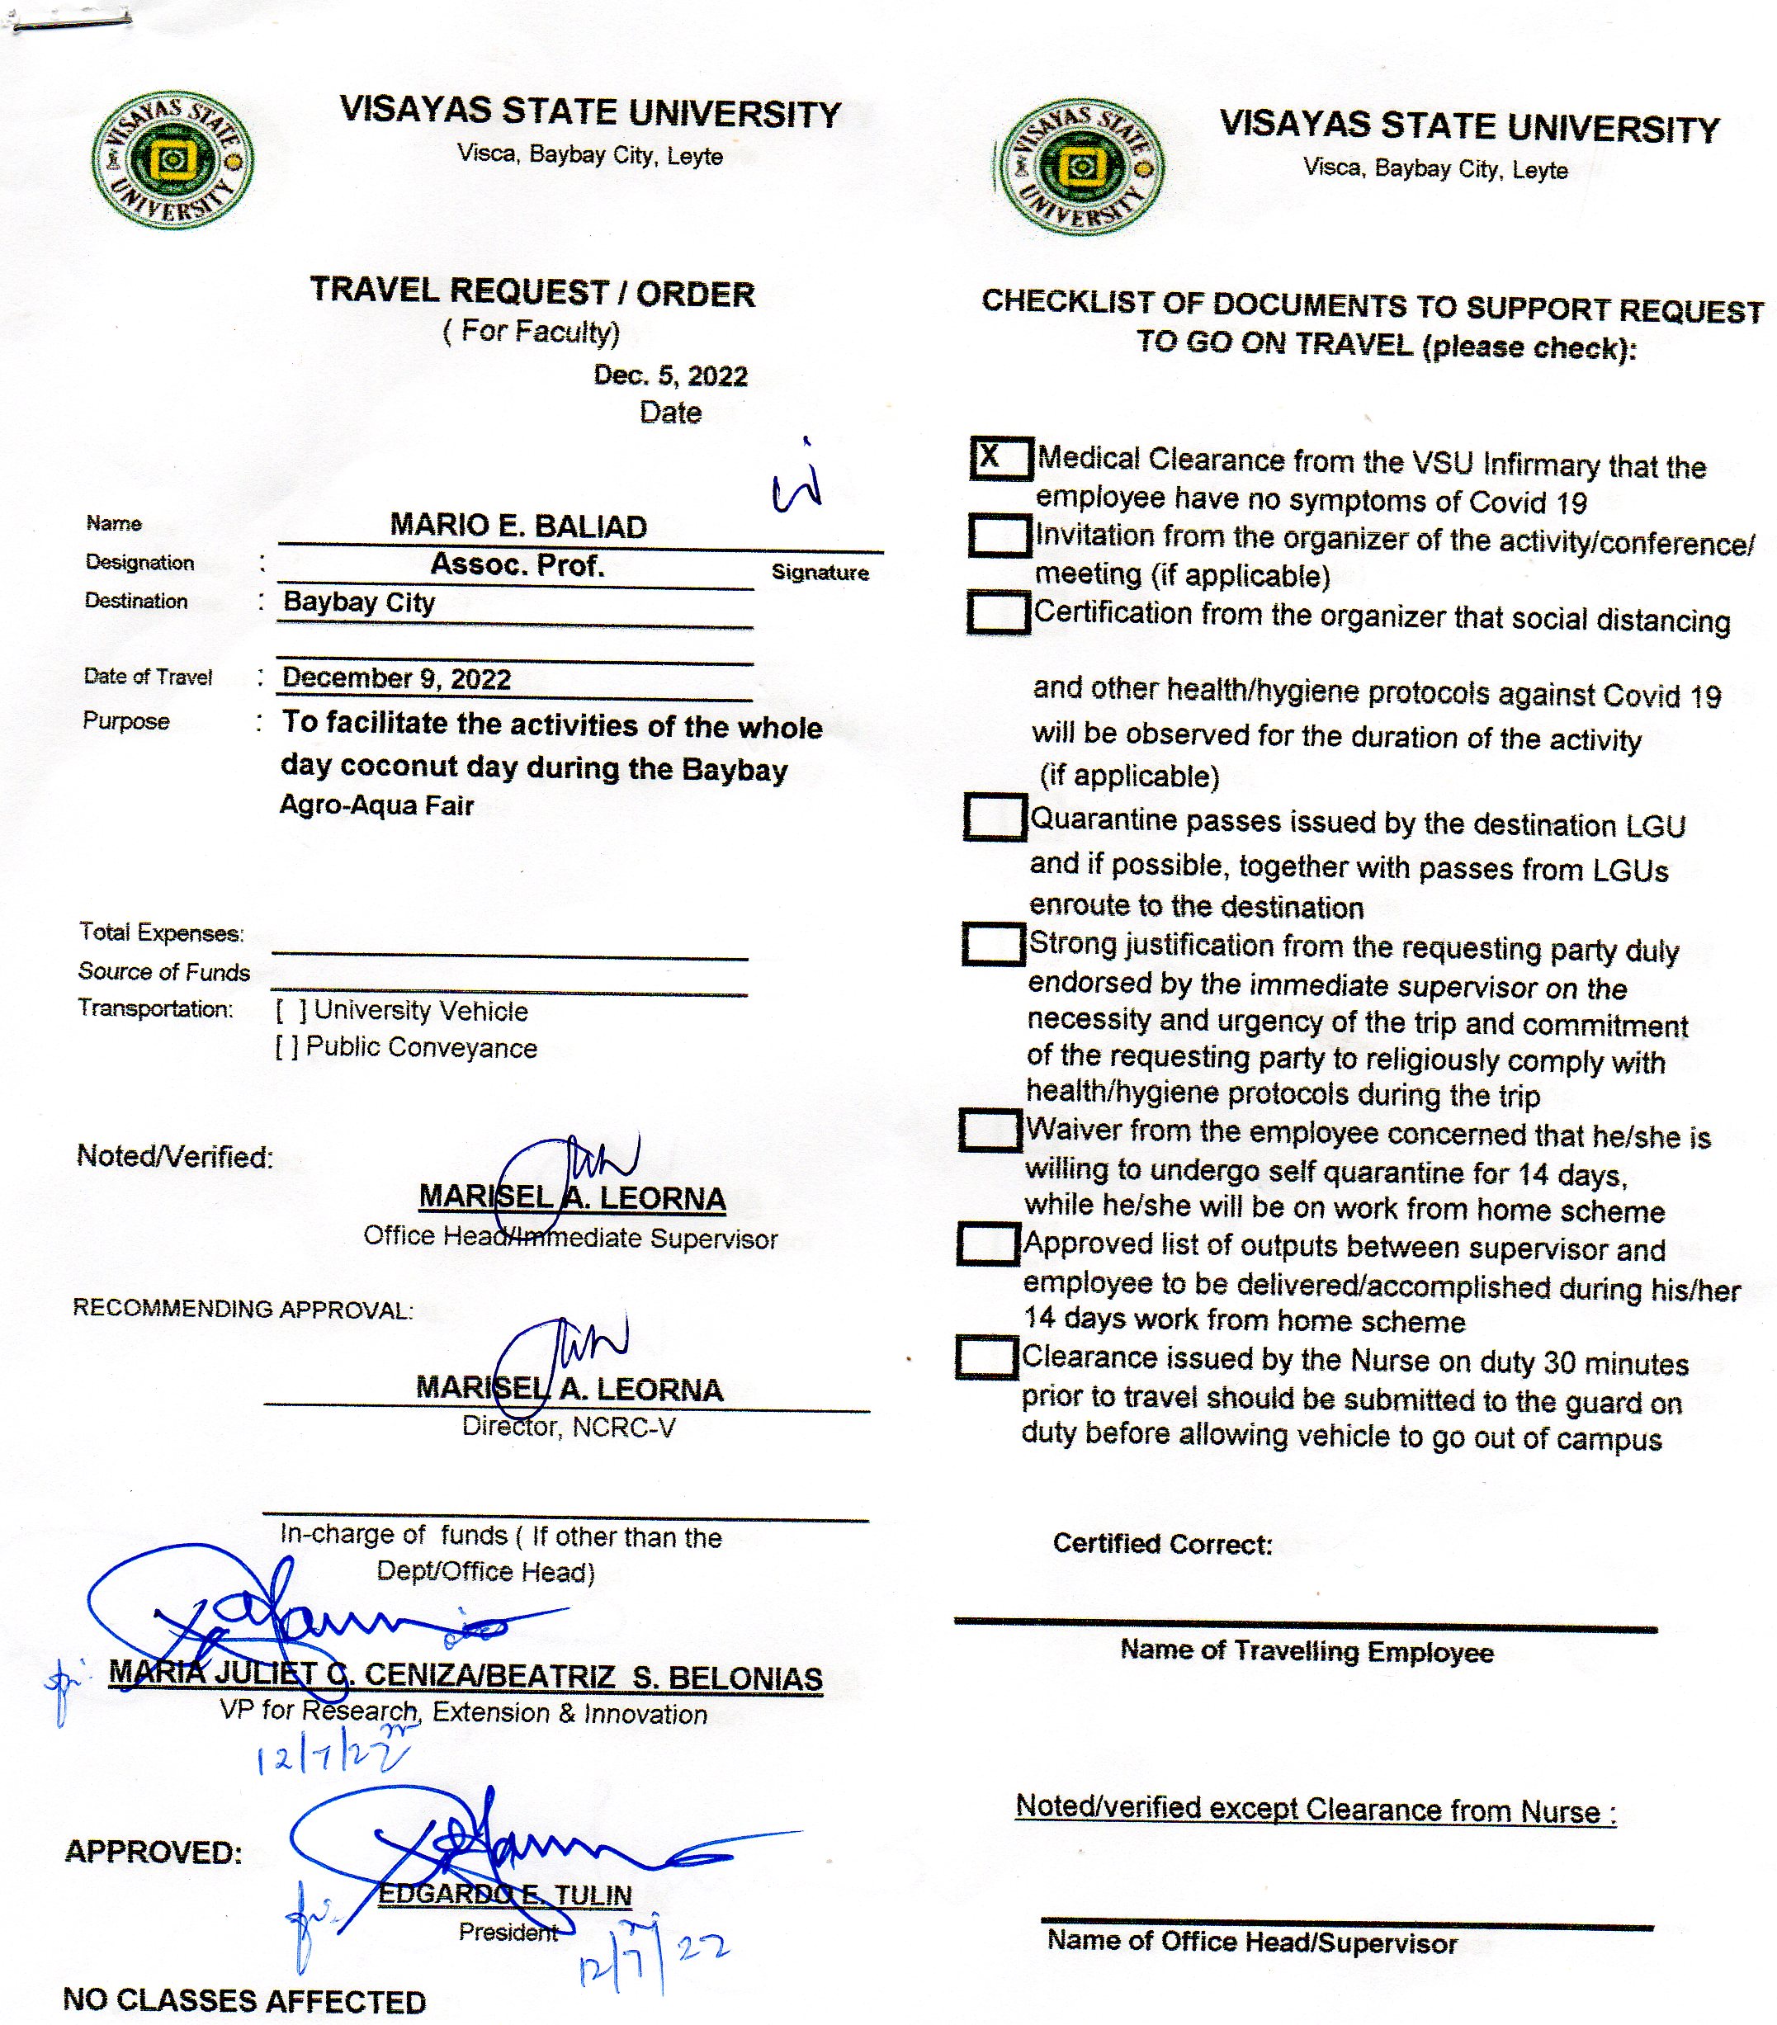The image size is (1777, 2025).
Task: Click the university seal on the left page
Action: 172,162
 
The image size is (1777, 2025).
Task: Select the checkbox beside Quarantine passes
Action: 994,817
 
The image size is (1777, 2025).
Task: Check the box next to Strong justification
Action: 993,942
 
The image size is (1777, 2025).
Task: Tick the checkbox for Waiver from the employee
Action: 990,1130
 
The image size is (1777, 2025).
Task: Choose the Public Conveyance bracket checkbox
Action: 286,1047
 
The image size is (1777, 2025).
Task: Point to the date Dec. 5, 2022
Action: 670,375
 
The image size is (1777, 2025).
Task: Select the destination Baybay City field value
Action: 359,602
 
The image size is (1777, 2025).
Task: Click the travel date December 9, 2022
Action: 396,678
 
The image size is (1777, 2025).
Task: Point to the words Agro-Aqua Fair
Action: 376,805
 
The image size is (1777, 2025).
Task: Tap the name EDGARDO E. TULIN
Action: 504,1895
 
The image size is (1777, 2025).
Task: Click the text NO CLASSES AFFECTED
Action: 243,2000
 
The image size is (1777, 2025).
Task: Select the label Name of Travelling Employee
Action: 1307,1650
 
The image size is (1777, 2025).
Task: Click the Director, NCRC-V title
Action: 569,1427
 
